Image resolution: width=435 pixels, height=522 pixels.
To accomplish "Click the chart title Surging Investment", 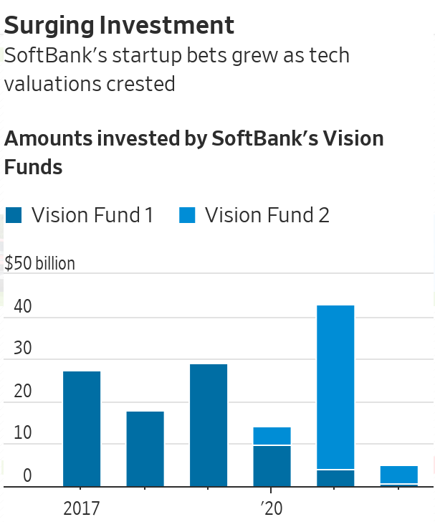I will click(119, 25).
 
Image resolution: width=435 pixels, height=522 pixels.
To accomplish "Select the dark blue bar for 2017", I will click(82, 429).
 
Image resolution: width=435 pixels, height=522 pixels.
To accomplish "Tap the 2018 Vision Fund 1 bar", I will click(145, 449).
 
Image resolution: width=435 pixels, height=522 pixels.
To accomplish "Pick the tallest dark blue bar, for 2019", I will click(209, 425).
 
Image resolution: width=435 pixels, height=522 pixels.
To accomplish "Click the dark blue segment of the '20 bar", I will click(272, 465).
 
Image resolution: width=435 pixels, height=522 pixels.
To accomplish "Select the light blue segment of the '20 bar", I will click(272, 436).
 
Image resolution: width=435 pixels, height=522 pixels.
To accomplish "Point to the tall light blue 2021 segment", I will click(335, 387).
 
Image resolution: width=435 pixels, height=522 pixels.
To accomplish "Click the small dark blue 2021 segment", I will click(335, 478).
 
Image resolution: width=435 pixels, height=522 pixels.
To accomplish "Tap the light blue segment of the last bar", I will click(398, 475).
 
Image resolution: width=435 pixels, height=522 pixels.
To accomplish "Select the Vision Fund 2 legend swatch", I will click(186, 215).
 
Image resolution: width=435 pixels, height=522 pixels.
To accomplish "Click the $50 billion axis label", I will click(39, 263).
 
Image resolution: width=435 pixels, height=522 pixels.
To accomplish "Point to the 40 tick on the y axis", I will click(22, 307).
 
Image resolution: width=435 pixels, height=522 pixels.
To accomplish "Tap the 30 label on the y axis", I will click(22, 349).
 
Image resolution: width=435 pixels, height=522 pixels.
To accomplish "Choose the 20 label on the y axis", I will click(22, 391).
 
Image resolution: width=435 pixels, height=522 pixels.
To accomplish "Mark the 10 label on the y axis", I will click(22, 434).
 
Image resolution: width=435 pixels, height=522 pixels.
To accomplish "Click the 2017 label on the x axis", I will click(82, 508).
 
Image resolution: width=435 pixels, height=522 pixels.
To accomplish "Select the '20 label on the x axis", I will click(272, 508).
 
